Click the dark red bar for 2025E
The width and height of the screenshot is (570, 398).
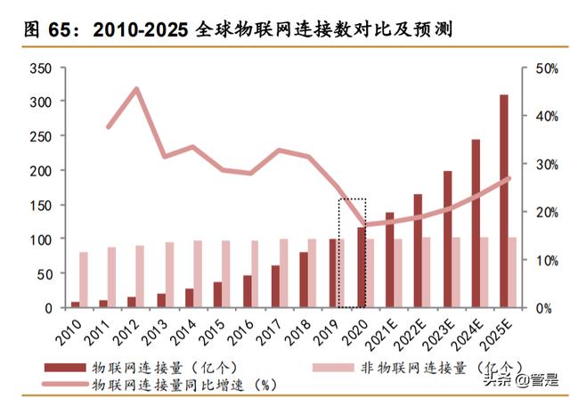tap(503, 201)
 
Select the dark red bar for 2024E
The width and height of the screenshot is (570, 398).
tap(476, 223)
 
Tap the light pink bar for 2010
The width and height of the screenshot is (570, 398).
tap(84, 280)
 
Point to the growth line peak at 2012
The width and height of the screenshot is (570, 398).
tap(136, 88)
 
